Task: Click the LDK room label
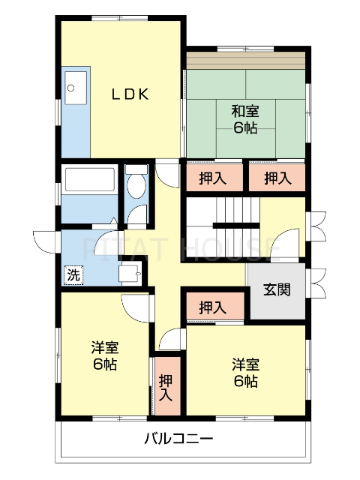tap(131, 94)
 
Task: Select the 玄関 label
tap(276, 290)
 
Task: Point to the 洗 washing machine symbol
tap(73, 274)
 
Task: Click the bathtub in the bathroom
tap(89, 181)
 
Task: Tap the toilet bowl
tap(136, 187)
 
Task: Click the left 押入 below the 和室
tap(213, 178)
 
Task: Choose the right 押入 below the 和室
tap(277, 178)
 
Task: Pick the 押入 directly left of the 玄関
tap(213, 307)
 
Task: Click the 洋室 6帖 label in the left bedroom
tap(104, 356)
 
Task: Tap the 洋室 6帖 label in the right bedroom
tap(245, 373)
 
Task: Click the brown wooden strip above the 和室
tap(247, 59)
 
